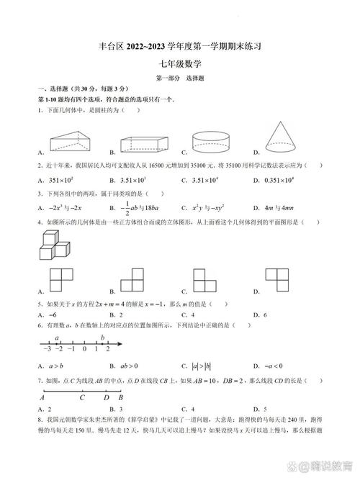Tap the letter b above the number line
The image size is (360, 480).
click(x=103, y=336)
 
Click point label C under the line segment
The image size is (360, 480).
click(x=82, y=397)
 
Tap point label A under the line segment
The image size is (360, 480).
click(x=42, y=397)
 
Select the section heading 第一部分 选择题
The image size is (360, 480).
click(x=179, y=78)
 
